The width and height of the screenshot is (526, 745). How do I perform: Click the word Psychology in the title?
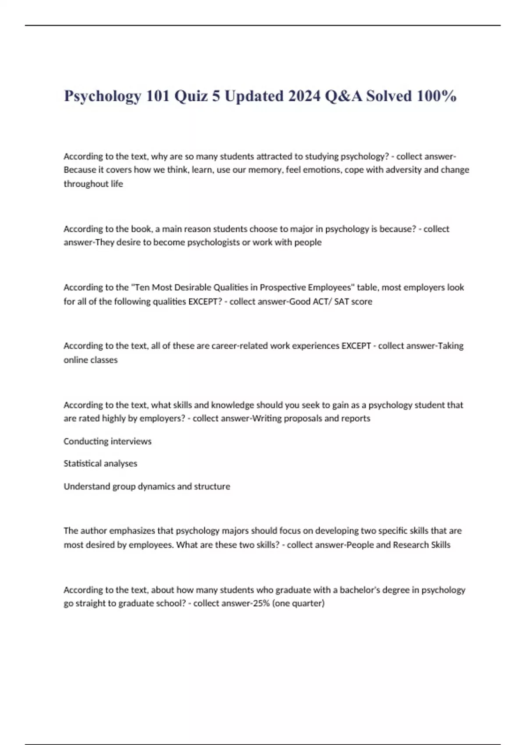click(x=103, y=96)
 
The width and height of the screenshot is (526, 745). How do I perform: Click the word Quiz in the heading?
click(x=191, y=96)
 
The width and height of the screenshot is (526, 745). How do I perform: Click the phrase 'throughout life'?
click(x=93, y=184)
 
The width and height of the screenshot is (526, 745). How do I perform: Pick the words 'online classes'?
click(x=91, y=360)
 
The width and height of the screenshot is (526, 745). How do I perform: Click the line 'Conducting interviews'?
click(x=107, y=441)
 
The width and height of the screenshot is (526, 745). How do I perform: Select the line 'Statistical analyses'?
click(x=100, y=464)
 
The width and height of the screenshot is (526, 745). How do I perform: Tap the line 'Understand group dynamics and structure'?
click(x=147, y=486)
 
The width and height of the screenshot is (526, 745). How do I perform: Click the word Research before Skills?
click(x=409, y=545)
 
